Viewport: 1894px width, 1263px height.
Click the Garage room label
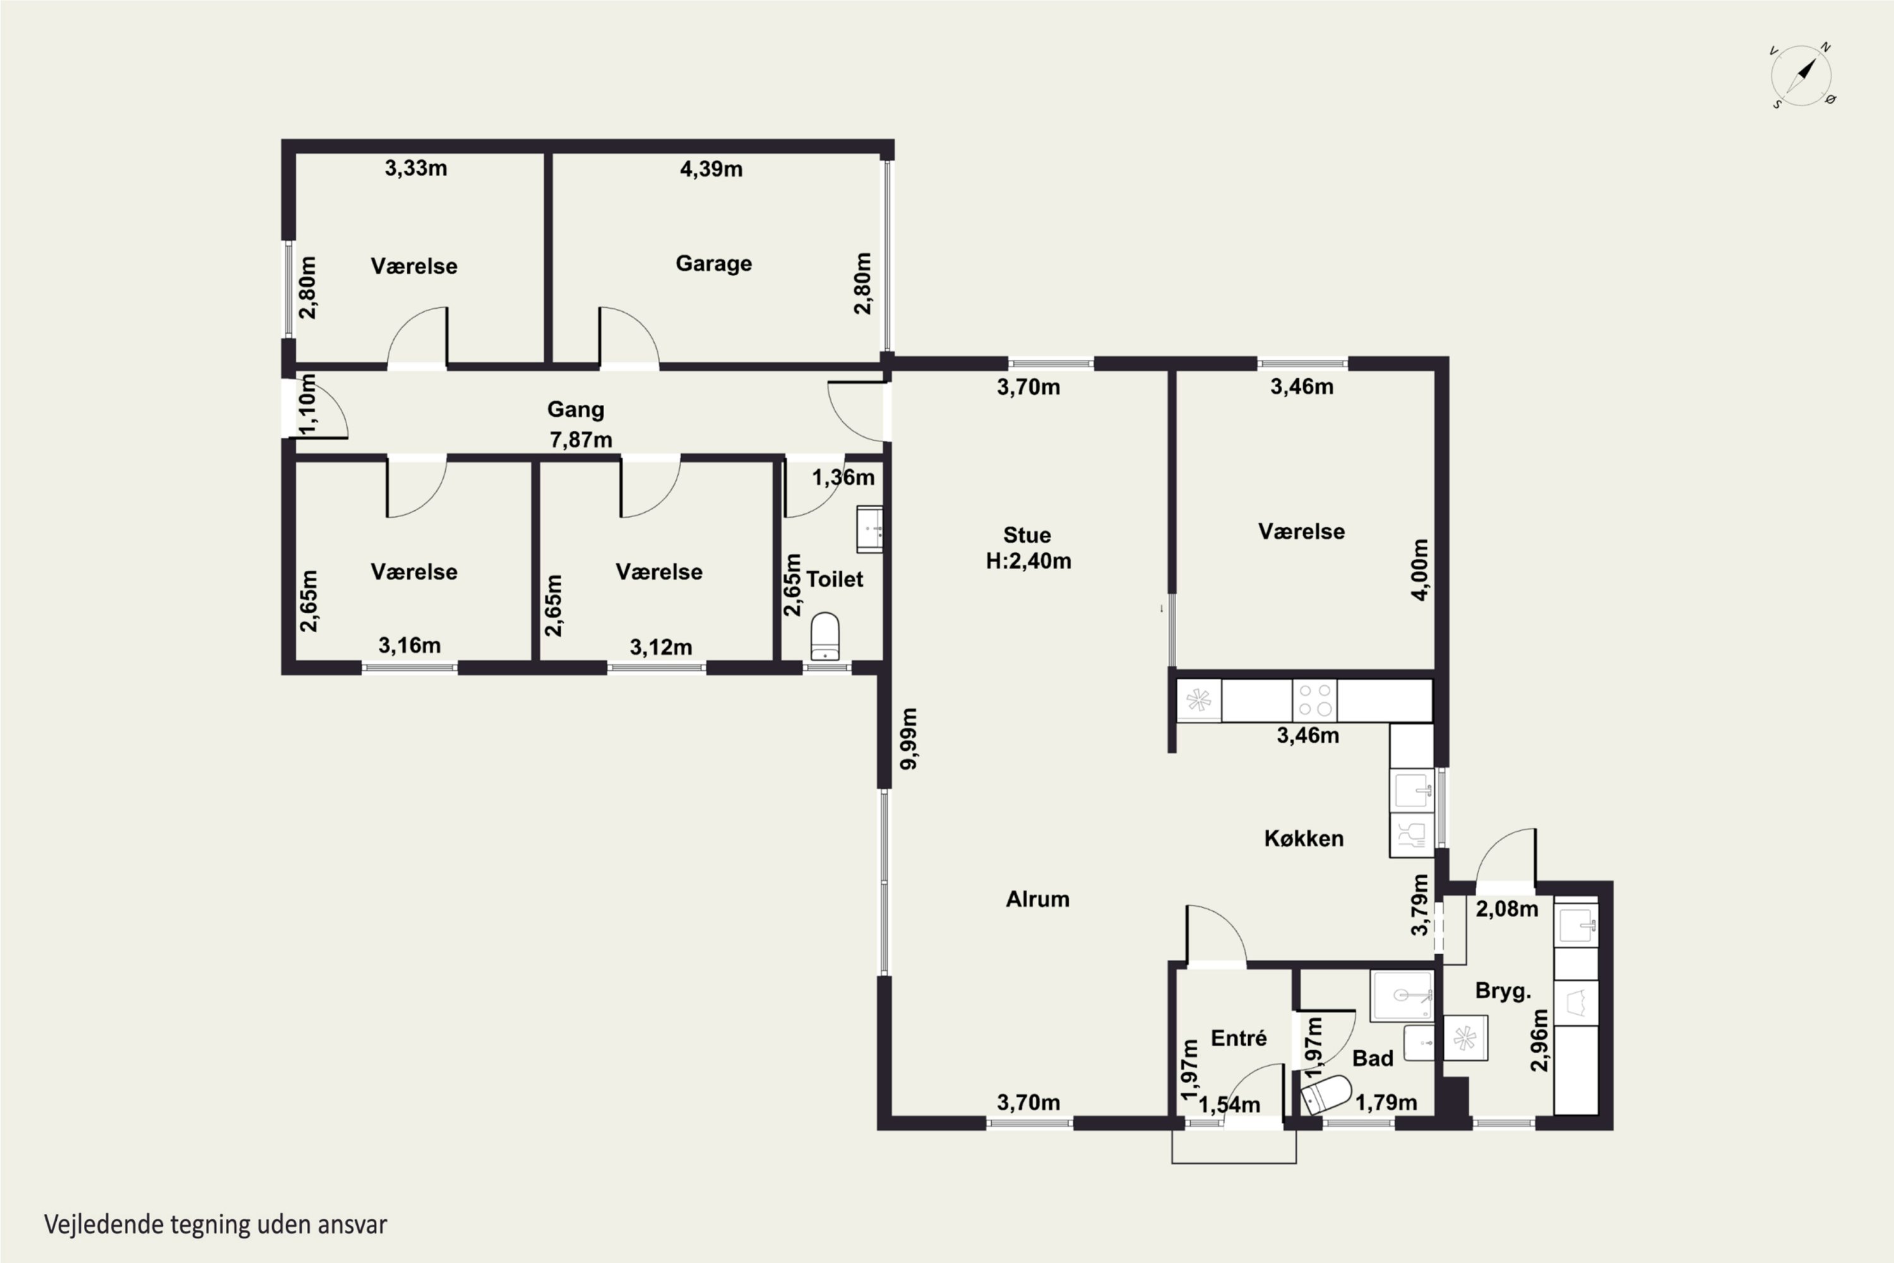(x=713, y=264)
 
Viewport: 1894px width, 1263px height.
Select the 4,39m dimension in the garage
(x=711, y=169)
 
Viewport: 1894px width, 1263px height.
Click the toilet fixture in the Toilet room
(x=825, y=637)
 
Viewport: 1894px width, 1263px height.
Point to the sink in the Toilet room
(x=870, y=529)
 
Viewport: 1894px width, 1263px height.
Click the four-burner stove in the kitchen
(x=1314, y=700)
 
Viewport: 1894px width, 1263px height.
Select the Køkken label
(x=1304, y=839)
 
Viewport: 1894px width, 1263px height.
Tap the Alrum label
(x=1037, y=899)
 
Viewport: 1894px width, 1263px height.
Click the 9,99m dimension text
(x=908, y=739)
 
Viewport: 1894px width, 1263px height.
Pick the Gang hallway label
(x=575, y=410)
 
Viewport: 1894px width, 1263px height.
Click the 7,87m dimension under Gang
(x=581, y=440)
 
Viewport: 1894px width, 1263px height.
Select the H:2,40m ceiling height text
(x=1028, y=561)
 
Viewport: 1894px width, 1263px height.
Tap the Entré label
(x=1239, y=1038)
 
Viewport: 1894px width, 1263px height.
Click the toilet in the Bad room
(x=1325, y=1094)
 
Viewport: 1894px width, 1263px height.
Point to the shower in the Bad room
(x=1402, y=997)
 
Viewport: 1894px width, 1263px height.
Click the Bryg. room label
(x=1503, y=991)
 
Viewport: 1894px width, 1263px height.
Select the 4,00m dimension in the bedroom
(x=1420, y=570)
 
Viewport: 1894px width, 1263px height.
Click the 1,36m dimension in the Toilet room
(x=842, y=477)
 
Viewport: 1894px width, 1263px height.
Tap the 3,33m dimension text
(x=415, y=169)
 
